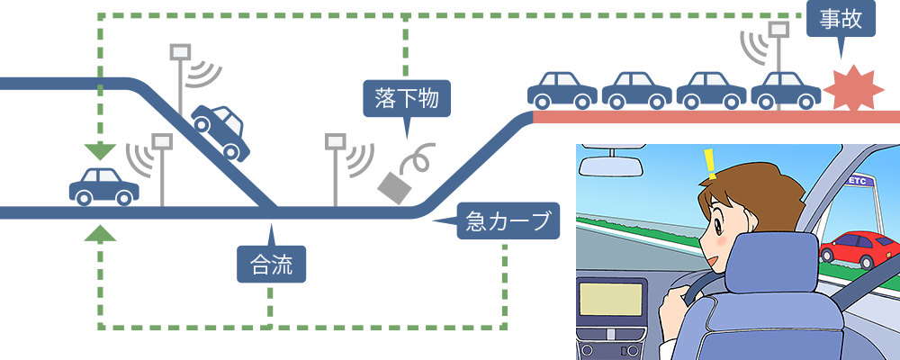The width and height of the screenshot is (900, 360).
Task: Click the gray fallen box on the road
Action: click(393, 185)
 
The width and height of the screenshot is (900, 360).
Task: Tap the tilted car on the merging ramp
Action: click(219, 130)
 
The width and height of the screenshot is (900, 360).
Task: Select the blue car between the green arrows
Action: click(103, 184)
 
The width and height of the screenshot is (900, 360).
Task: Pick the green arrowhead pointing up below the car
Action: click(100, 234)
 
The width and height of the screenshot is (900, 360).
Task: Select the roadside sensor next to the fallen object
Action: click(336, 141)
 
